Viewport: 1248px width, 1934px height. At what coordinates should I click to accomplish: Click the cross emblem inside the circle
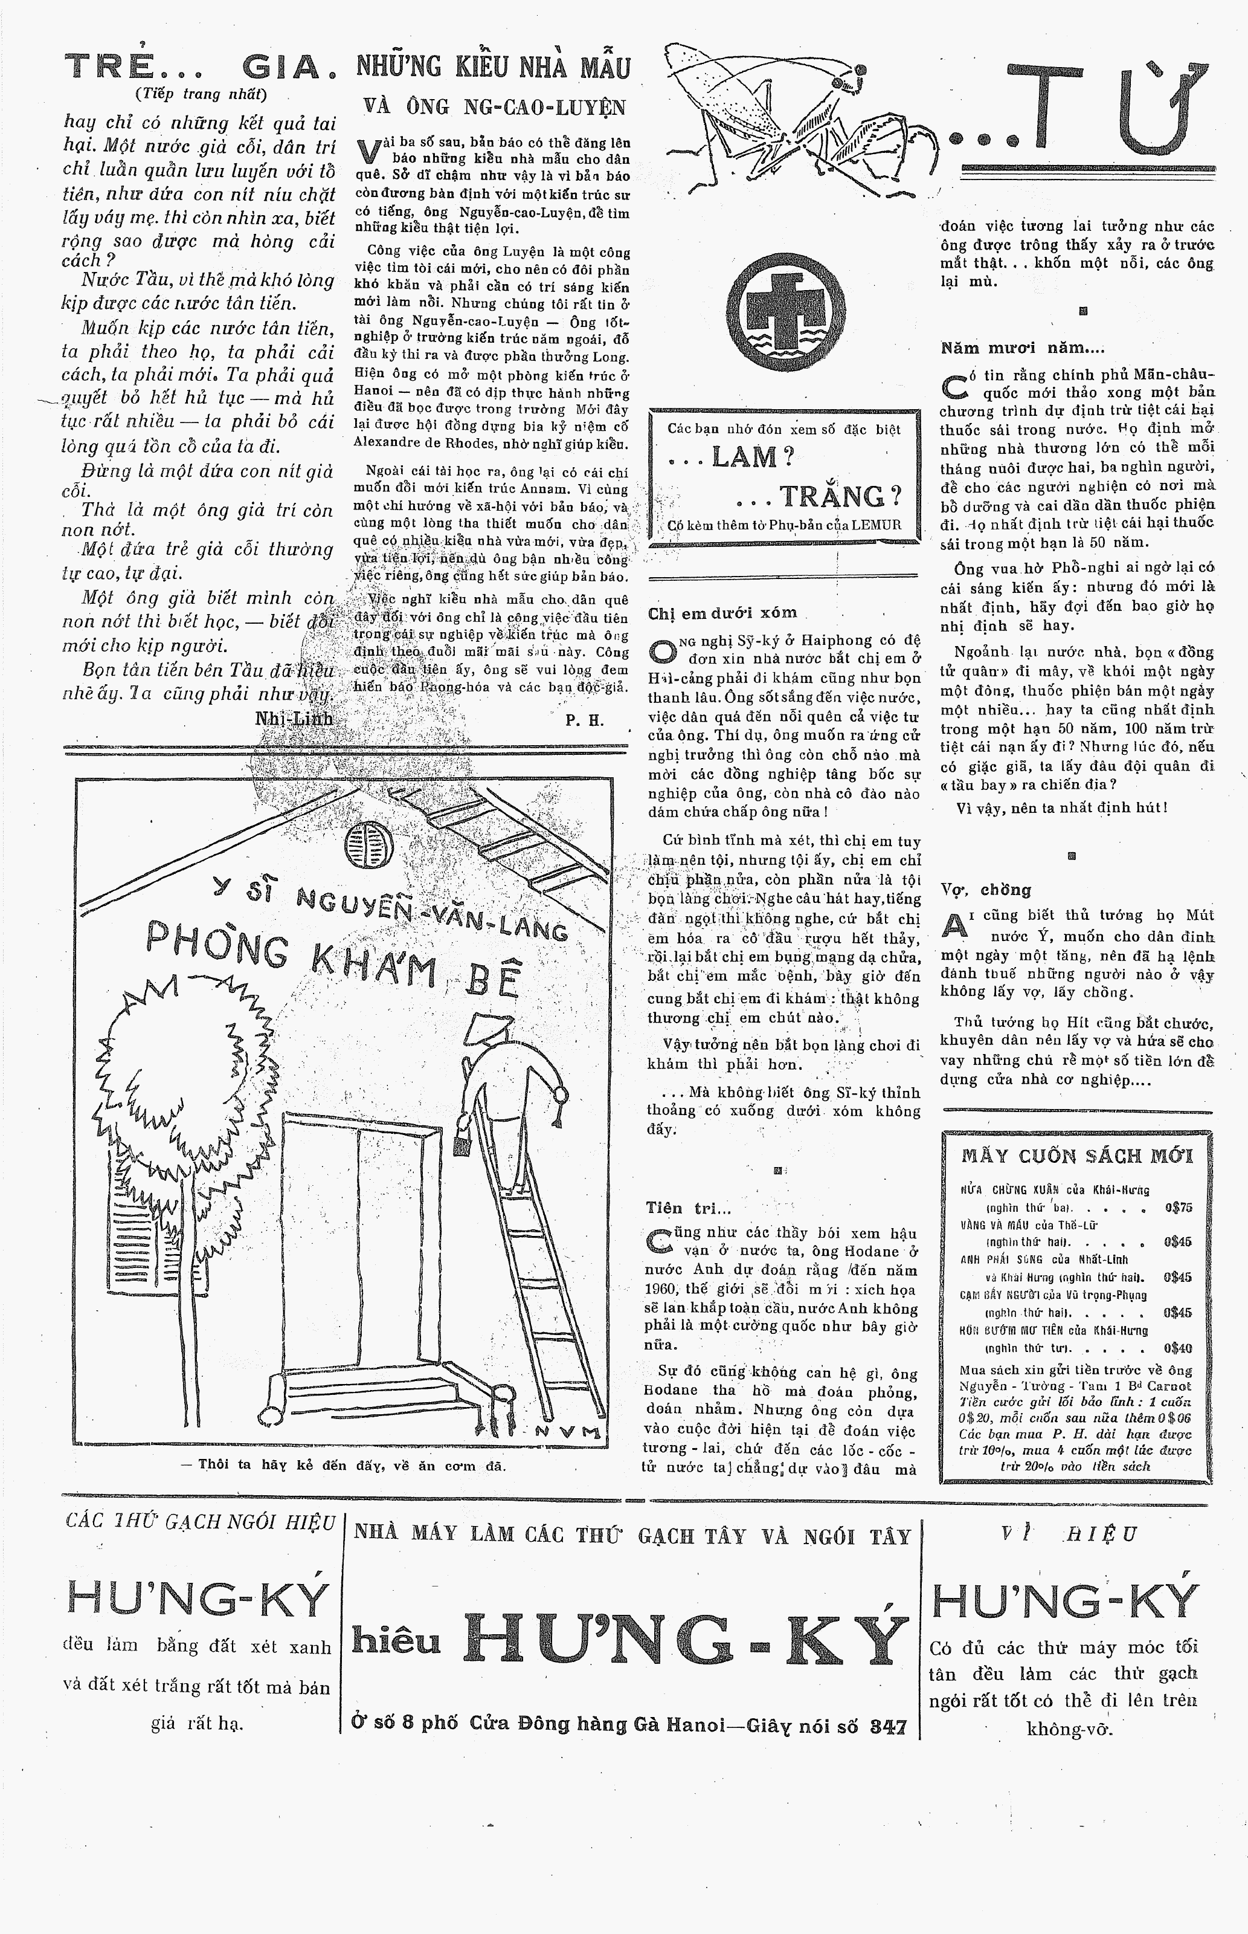(785, 308)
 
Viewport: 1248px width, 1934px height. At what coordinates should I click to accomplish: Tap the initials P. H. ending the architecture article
(584, 720)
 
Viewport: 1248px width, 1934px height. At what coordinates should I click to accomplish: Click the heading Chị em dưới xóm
(722, 613)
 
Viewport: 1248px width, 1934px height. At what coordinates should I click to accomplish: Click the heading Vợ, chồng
(985, 889)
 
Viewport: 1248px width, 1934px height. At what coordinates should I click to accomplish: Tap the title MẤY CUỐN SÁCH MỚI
(1077, 1156)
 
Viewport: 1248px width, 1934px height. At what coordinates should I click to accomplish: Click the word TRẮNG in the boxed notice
(840, 495)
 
